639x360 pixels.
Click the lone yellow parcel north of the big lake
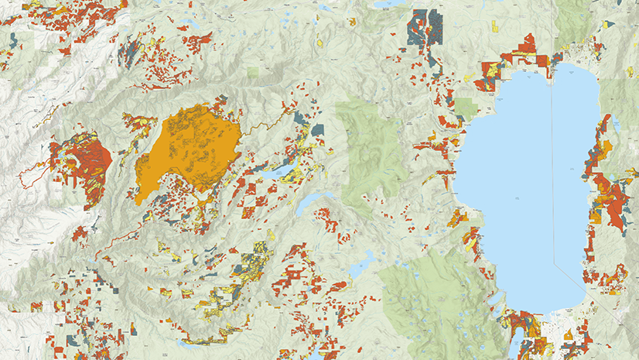(x=494, y=26)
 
